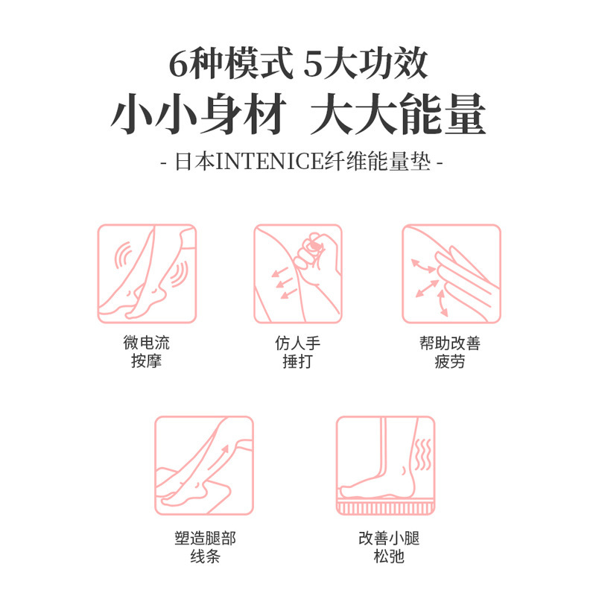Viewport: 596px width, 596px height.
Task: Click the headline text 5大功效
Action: point(366,65)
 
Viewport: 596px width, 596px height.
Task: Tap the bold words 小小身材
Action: point(198,116)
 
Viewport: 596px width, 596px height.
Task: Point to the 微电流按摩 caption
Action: point(147,353)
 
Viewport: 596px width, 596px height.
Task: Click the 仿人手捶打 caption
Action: point(297,353)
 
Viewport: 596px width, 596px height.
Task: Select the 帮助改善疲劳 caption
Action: point(450,353)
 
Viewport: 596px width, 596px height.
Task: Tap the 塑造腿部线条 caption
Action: point(204,547)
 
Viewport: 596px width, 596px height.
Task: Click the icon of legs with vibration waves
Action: point(147,273)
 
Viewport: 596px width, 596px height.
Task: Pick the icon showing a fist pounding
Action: point(297,273)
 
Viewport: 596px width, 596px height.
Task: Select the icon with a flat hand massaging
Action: point(451,273)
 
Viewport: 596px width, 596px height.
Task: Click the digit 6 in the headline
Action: point(177,66)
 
